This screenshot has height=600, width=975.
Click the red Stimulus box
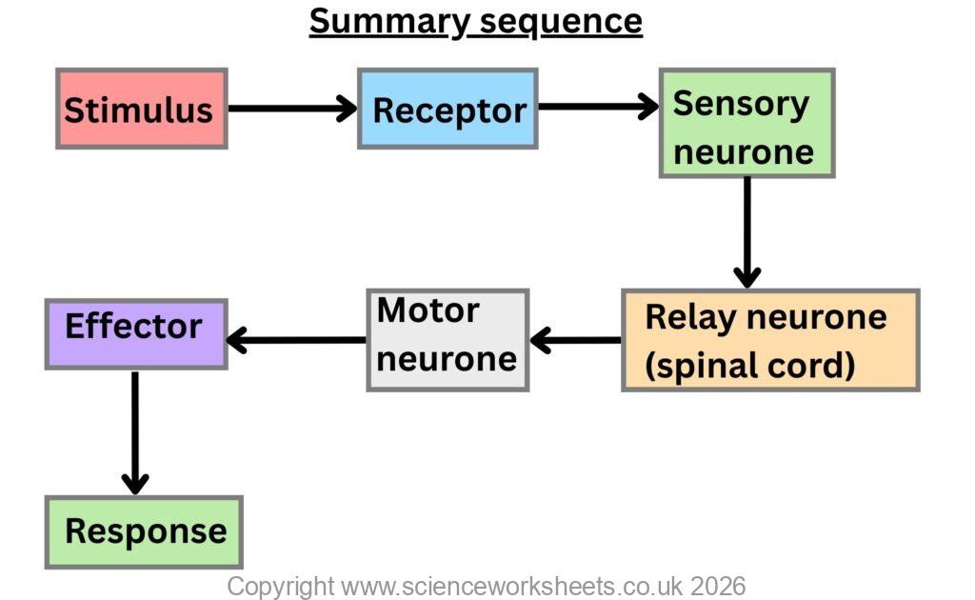141,109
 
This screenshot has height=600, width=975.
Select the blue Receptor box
448,109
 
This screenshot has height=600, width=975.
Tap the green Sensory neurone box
746,123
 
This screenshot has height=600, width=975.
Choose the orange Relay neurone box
769,340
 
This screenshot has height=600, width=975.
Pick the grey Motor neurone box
448,340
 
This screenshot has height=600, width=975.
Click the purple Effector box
135,333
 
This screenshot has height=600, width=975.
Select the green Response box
144,531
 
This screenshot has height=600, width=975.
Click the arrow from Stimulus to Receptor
291,109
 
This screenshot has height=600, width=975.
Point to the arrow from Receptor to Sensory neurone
598,107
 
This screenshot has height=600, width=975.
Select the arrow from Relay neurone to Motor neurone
575,339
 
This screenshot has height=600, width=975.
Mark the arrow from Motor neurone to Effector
296,339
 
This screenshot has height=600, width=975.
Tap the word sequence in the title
560,21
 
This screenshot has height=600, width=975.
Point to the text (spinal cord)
750,365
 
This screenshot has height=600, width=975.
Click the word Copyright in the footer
280,585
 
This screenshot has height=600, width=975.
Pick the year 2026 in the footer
718,585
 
